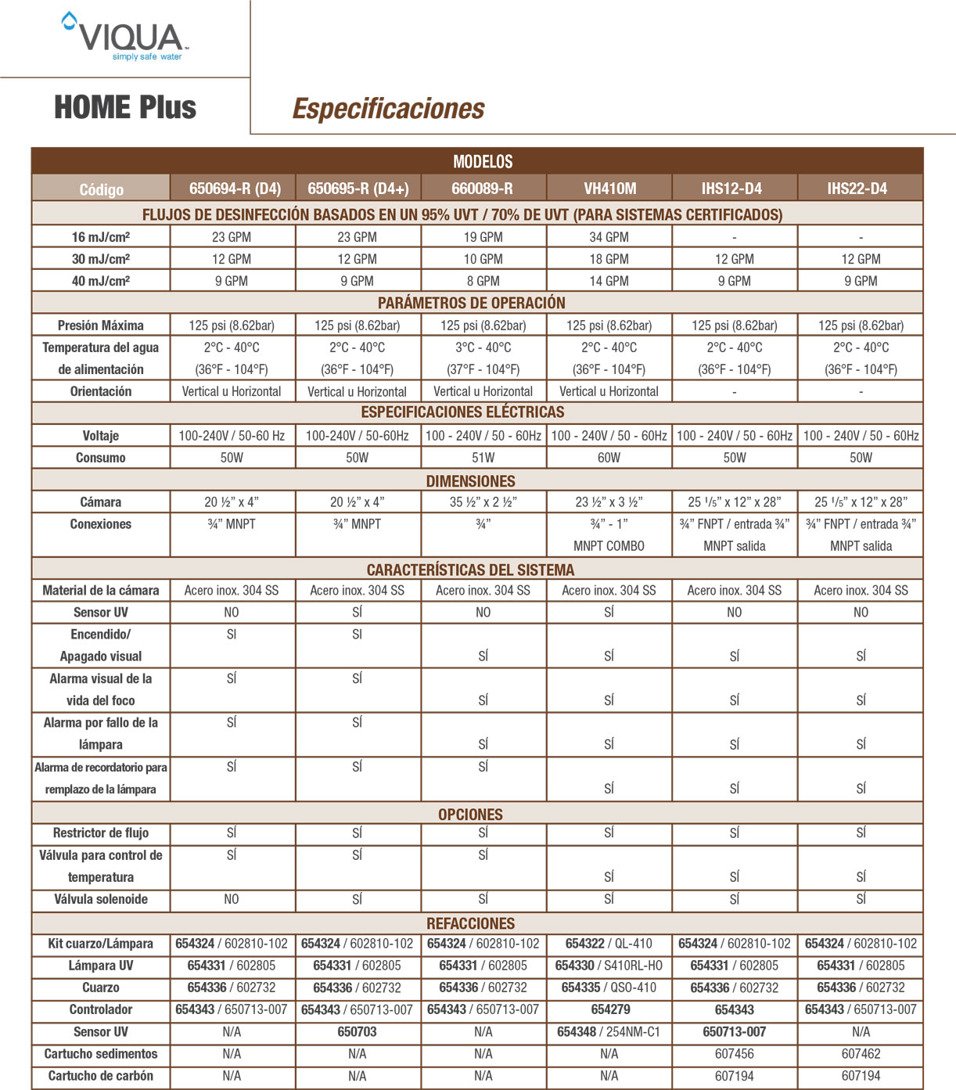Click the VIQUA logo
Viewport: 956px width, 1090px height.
[x=125, y=37]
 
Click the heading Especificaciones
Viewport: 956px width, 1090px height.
[x=388, y=108]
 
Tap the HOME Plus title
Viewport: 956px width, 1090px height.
[x=125, y=107]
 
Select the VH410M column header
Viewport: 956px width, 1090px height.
[x=609, y=189]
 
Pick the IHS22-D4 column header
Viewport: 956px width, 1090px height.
[x=860, y=189]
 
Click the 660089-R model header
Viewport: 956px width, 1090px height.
[x=483, y=189]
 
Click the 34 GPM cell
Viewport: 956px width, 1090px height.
[x=609, y=237]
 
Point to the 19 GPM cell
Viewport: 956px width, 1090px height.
[x=483, y=237]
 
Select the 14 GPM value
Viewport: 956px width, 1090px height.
[x=609, y=281]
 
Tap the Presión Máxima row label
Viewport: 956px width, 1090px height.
[x=101, y=326]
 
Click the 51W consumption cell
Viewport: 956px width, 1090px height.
[x=483, y=458]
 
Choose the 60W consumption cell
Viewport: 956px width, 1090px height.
[x=609, y=458]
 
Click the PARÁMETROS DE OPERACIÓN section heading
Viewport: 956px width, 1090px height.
[x=471, y=303]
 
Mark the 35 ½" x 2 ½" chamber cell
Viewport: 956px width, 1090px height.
[x=483, y=502]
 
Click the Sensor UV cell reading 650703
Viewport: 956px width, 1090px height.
[x=357, y=1032]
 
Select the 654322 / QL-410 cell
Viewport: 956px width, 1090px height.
[x=609, y=944]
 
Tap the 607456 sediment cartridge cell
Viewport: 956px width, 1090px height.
[x=734, y=1054]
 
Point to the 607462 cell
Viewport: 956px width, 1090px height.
[x=861, y=1054]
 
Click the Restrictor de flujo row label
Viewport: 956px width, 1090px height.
[x=101, y=833]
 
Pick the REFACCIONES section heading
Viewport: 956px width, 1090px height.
[x=471, y=923]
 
